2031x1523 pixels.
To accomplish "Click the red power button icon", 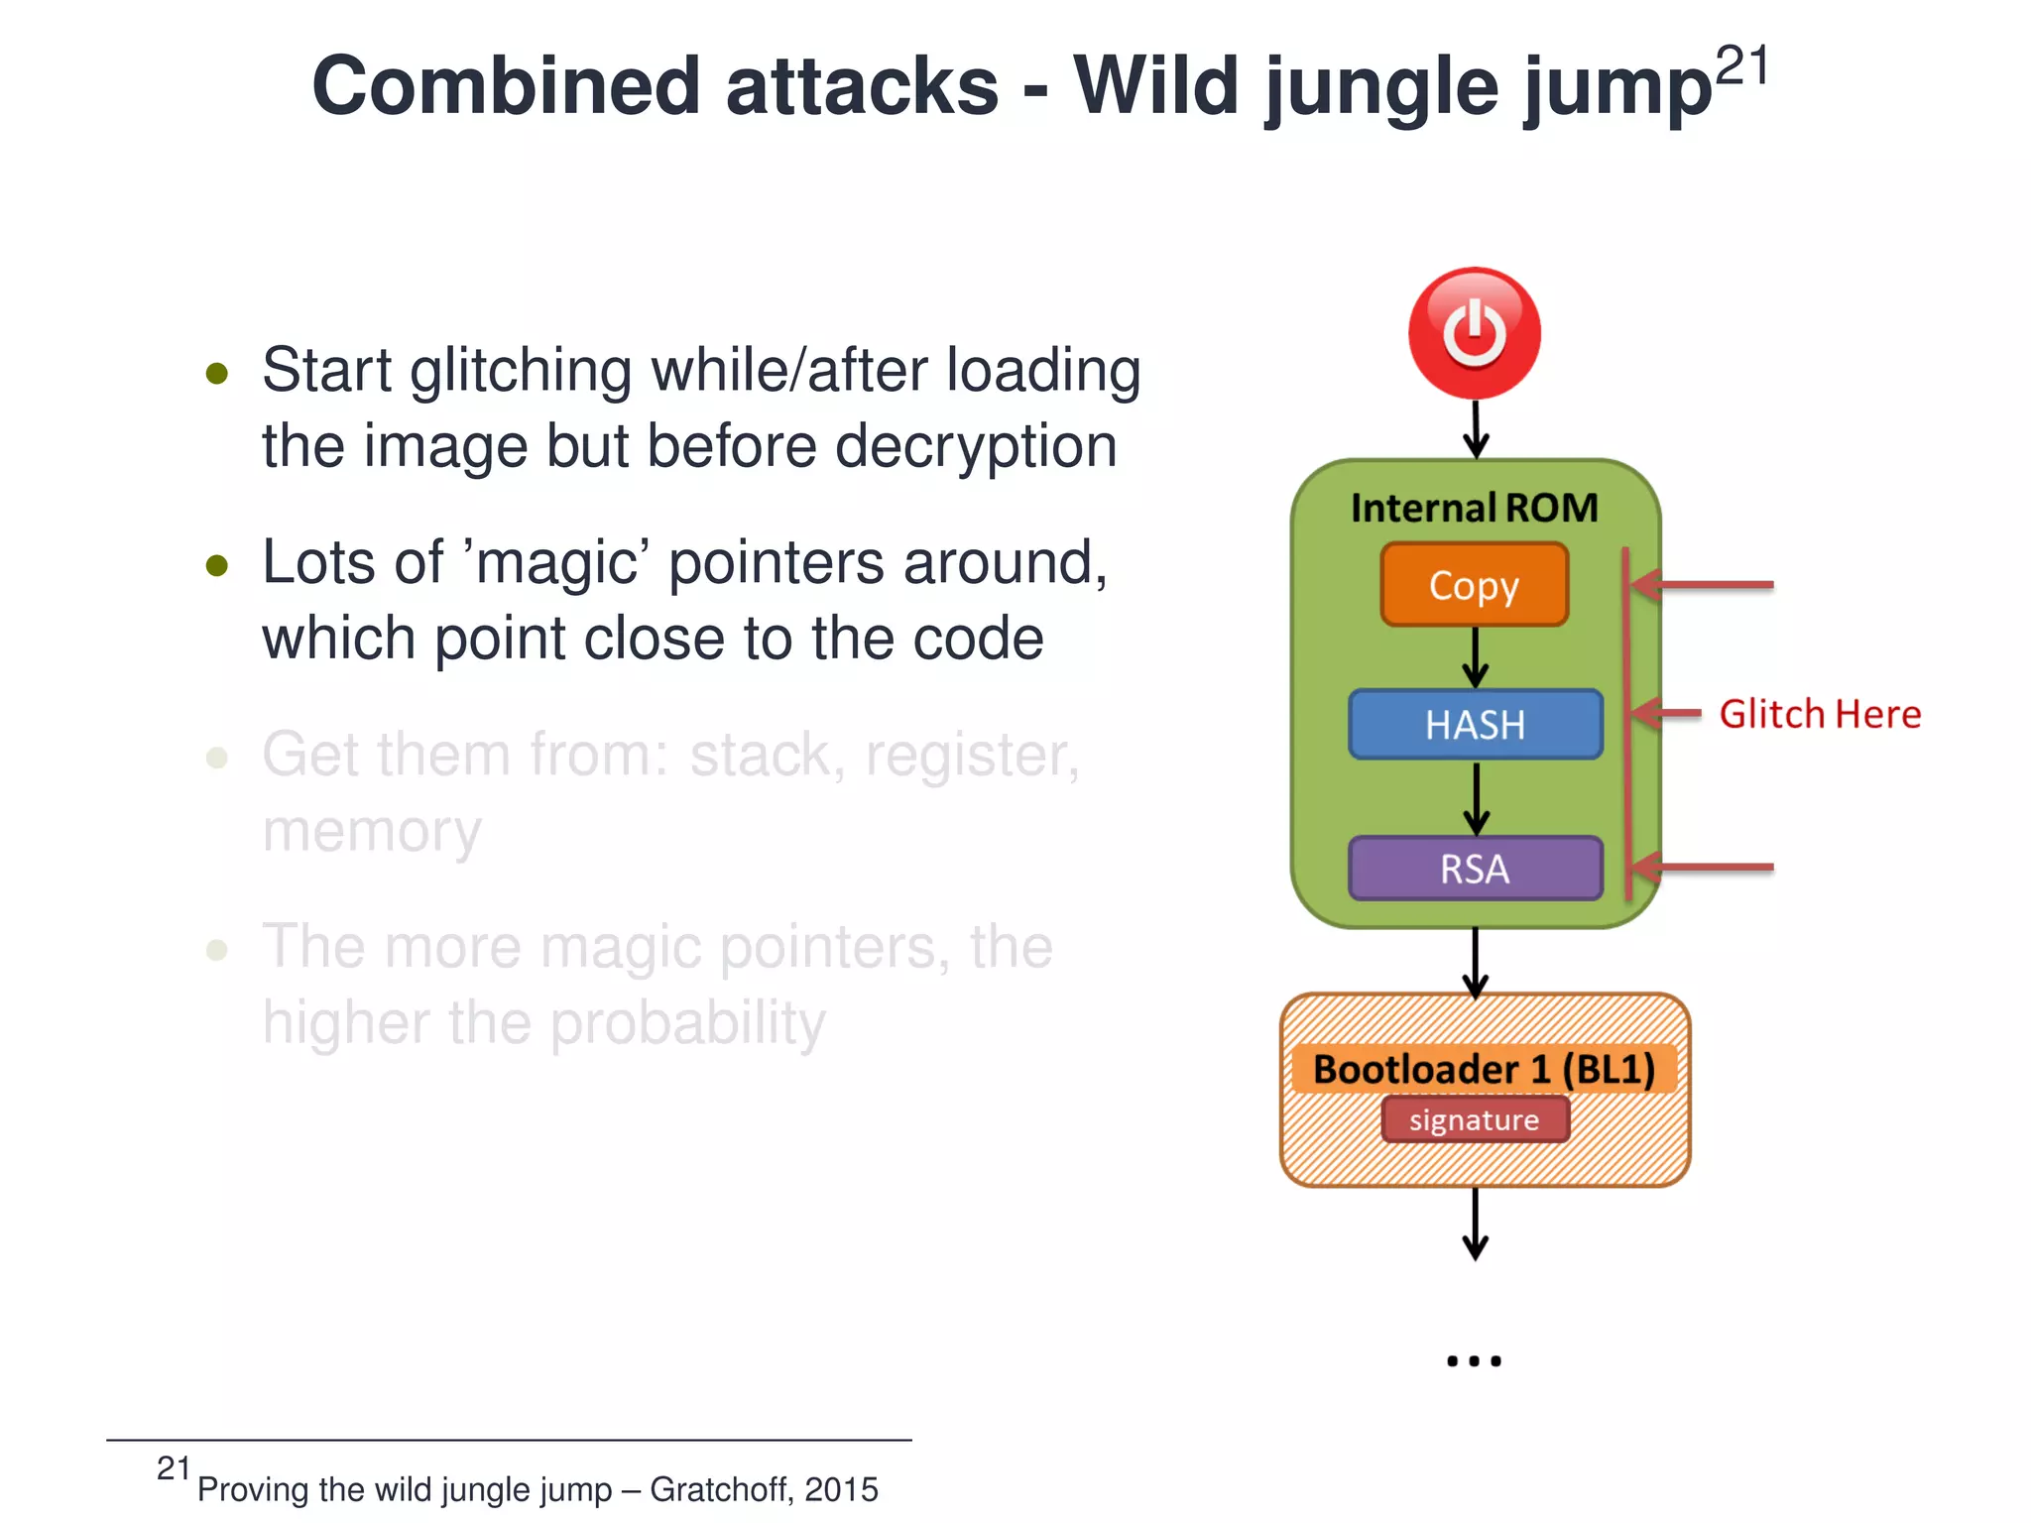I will (x=1475, y=333).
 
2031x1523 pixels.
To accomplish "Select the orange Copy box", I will (x=1475, y=585).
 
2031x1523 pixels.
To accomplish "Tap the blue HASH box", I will (x=1475, y=725).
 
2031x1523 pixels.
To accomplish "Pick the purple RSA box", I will (x=1475, y=869).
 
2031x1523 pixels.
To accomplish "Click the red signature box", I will (x=1475, y=1119).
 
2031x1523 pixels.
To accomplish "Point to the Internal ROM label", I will (x=1475, y=508).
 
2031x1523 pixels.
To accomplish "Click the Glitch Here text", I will (x=1819, y=714).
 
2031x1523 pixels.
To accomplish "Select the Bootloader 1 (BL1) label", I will (x=1484, y=1069).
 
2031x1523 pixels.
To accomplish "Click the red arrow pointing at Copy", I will (x=1702, y=585).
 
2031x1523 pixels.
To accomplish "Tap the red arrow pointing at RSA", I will (x=1702, y=868).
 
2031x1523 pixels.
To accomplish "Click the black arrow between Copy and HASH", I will (x=1476, y=656).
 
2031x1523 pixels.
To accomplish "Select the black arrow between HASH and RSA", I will (x=1476, y=799).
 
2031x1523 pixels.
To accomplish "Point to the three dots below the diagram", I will (x=1474, y=1361).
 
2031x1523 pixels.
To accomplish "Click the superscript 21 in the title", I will (x=1741, y=67).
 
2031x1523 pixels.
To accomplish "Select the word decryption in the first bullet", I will (x=976, y=446).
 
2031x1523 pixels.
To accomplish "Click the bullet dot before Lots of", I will (x=217, y=566).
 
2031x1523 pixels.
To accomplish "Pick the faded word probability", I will (x=687, y=1022).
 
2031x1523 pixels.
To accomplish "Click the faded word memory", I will (x=371, y=831).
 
